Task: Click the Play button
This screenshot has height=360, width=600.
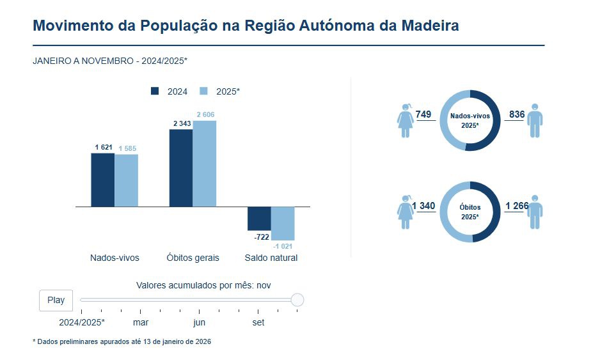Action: point(56,300)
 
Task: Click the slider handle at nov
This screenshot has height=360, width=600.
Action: point(297,300)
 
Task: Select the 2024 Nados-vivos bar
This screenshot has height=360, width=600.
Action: point(102,180)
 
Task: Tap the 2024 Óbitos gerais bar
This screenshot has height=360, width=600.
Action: point(181,168)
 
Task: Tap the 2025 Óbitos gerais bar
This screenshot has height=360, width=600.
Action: point(205,164)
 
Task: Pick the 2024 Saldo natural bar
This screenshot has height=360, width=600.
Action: point(259,219)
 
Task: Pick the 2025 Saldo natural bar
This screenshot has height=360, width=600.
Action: point(283,223)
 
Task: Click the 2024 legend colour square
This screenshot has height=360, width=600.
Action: point(155,91)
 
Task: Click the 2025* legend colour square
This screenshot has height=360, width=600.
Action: point(204,91)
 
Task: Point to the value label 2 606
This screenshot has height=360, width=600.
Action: point(205,114)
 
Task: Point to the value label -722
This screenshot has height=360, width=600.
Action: point(262,237)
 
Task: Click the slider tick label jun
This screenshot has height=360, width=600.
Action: point(200,323)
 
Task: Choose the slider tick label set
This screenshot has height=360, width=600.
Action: point(258,323)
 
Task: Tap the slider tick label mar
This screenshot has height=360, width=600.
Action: point(141,323)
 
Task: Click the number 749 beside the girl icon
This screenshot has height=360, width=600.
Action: point(423,114)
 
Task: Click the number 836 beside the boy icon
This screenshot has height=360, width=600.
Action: point(517,114)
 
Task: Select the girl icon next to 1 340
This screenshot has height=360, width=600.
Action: point(406,212)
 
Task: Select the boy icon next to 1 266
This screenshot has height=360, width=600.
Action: point(535,212)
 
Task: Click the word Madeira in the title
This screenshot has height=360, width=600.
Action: point(430,26)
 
